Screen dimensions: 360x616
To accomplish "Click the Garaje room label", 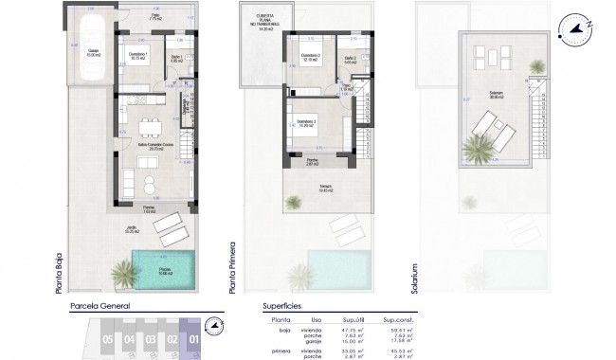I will pos(92,54).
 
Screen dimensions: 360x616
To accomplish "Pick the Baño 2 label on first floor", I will pos(351,60).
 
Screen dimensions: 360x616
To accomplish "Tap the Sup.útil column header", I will pos(354,320).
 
